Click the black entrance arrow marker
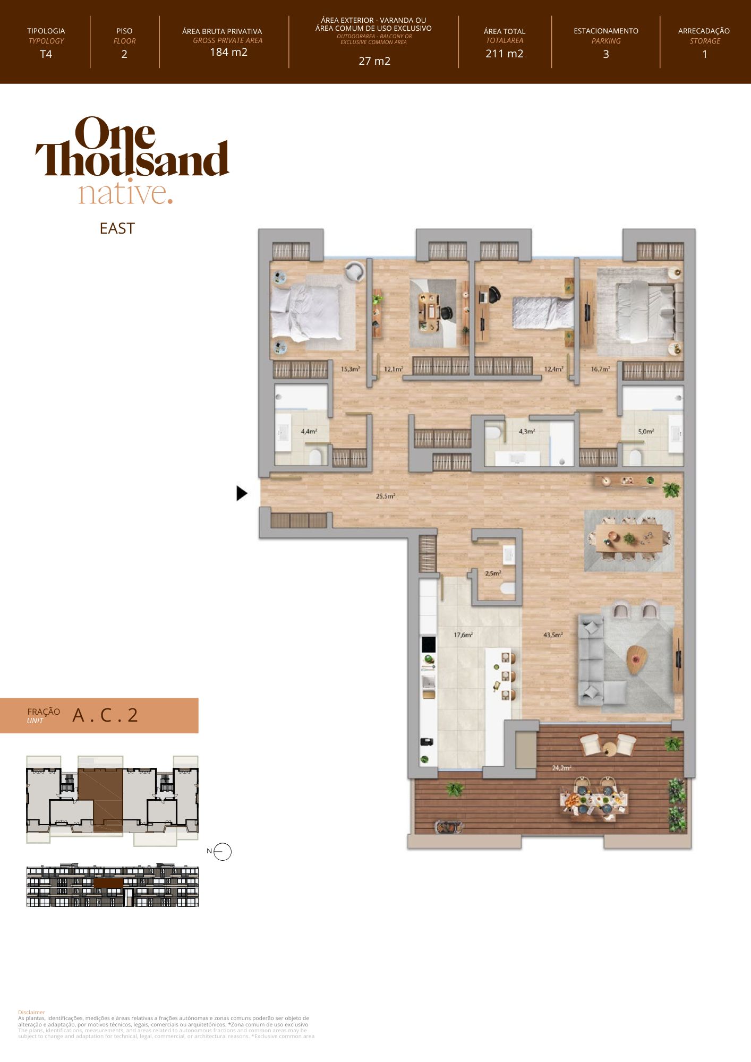click(x=242, y=493)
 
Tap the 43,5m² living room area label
click(x=553, y=635)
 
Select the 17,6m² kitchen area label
click(x=463, y=635)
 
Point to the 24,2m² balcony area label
click(x=561, y=768)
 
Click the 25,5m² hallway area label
click(x=385, y=496)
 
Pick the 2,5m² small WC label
click(x=493, y=573)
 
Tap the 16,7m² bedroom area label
click(x=600, y=369)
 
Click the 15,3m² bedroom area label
click(x=351, y=369)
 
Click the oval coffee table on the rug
click(x=637, y=658)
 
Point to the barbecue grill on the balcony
click(x=449, y=827)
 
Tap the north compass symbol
click(x=223, y=852)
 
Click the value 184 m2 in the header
click(x=228, y=52)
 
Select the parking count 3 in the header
click(x=605, y=54)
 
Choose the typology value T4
click(x=46, y=54)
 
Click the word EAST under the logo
click(x=117, y=228)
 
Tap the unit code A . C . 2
click(x=105, y=715)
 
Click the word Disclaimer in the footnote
click(x=31, y=1012)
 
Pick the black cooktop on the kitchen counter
click(x=428, y=644)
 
